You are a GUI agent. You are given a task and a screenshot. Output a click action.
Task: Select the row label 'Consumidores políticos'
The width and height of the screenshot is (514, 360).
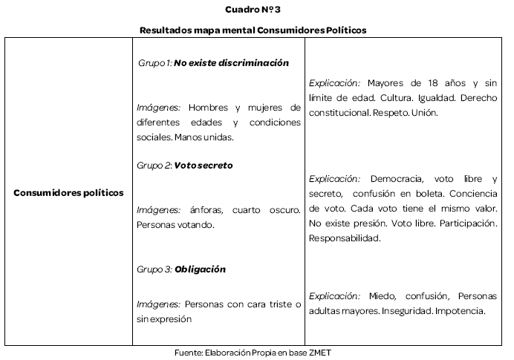pos(68,193)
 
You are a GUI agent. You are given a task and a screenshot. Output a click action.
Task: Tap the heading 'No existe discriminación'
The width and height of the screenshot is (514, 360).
pos(231,64)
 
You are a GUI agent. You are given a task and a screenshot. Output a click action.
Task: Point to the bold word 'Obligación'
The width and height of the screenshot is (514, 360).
pos(201,269)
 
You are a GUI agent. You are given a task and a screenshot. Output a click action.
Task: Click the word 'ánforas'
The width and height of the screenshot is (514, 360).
pos(206,210)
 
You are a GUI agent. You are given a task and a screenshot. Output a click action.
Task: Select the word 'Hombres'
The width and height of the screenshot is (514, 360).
pos(208,107)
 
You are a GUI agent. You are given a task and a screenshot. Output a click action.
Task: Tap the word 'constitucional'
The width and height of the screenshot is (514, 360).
pos(338,114)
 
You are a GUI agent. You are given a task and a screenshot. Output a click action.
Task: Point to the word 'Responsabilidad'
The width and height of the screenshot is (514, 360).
pos(344,238)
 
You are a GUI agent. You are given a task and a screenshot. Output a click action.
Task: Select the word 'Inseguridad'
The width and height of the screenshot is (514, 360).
pos(406,310)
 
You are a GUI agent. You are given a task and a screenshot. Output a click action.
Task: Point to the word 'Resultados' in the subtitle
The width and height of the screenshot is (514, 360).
pos(166,30)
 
